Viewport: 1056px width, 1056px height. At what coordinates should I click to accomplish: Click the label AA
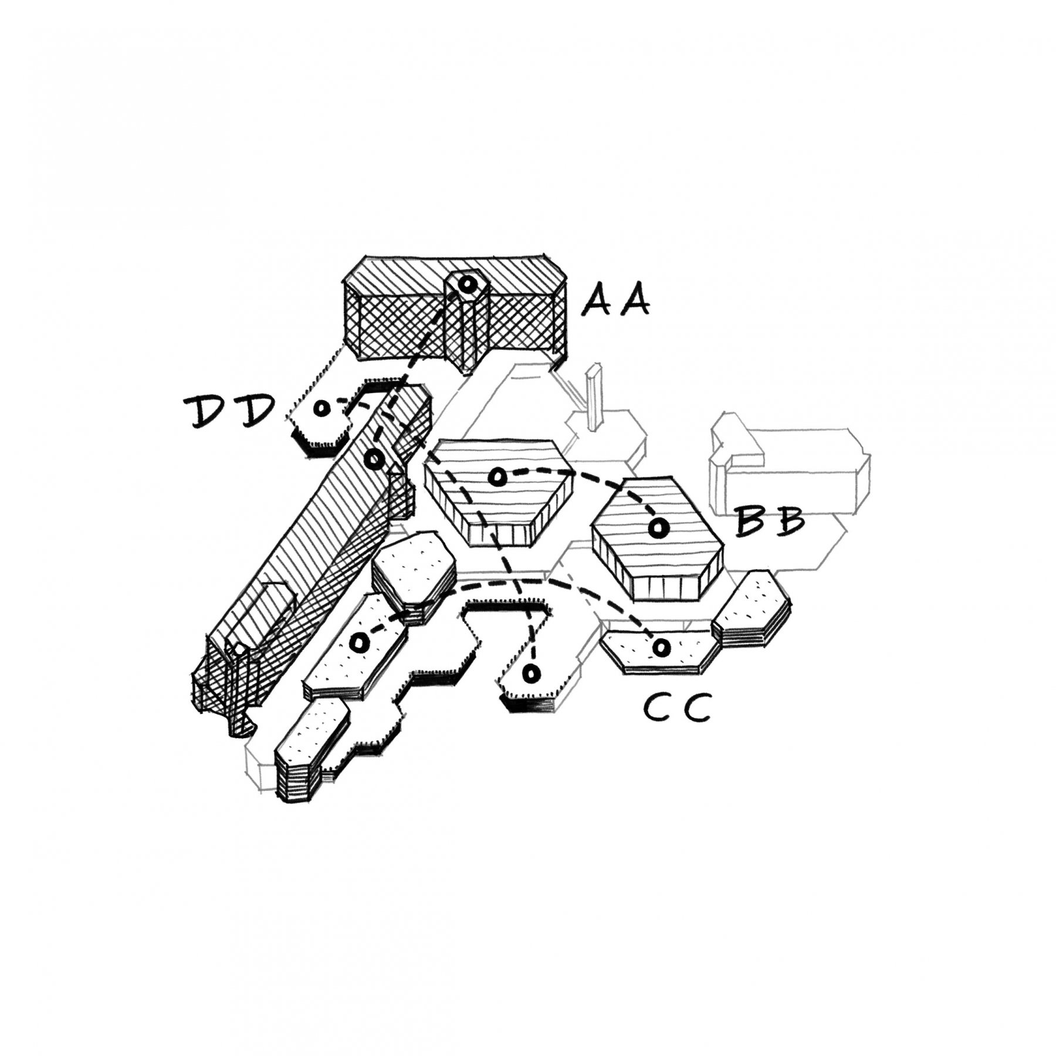pos(616,300)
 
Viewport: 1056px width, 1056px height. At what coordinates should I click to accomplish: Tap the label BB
pos(770,522)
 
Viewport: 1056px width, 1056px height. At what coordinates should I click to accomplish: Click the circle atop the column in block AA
pos(466,285)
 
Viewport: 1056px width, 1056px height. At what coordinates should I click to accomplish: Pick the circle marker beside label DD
pos(321,408)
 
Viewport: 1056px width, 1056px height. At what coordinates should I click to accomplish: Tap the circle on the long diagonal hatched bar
pos(374,459)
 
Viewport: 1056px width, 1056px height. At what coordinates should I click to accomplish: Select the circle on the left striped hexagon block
pos(497,477)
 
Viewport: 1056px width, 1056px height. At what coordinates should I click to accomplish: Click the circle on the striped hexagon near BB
pos(658,528)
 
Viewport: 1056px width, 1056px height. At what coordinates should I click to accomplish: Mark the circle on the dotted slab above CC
pos(661,647)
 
